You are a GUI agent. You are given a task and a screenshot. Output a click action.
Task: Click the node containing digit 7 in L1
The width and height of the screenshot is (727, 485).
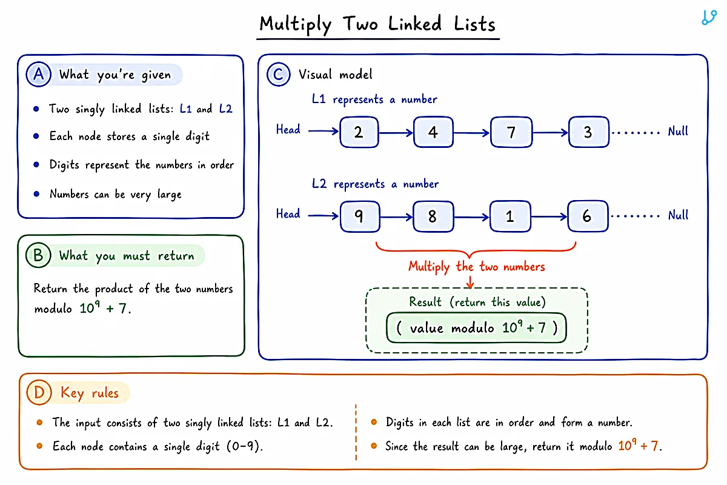pos(511,132)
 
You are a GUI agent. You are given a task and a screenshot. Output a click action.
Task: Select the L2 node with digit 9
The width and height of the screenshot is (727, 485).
pos(360,216)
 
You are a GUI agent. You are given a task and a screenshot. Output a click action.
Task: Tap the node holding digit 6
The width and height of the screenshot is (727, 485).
pos(588,216)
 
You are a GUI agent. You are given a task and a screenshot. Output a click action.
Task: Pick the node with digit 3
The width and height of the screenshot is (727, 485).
pos(589,132)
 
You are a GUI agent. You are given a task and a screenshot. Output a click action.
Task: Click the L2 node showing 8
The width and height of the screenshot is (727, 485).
pos(433,216)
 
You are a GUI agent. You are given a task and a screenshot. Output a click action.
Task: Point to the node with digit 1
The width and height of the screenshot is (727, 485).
pos(510,216)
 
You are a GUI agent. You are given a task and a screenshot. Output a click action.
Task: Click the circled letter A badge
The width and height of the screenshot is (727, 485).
pos(39,74)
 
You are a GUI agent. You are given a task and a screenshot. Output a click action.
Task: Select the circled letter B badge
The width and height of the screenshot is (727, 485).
pos(38,255)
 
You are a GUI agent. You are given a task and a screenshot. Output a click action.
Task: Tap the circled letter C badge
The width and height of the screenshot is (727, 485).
pos(279,75)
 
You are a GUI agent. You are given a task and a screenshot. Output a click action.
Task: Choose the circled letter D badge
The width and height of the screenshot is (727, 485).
pos(39,392)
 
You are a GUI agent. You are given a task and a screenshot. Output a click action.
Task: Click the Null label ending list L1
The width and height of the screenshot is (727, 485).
pos(678,131)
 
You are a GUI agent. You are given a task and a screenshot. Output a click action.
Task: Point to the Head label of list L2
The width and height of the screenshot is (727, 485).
pos(288,214)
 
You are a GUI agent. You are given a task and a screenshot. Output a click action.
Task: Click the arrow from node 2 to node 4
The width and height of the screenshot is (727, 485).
pos(396,133)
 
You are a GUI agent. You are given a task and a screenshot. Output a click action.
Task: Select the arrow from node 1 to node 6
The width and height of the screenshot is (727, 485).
pos(549,216)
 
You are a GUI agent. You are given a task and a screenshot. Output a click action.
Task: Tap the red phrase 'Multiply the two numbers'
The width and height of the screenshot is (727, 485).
pos(476,267)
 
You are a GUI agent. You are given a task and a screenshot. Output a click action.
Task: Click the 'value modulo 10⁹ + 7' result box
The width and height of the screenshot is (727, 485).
pos(476,328)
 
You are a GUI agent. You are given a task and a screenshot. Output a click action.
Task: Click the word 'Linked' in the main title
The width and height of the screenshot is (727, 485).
pos(415,24)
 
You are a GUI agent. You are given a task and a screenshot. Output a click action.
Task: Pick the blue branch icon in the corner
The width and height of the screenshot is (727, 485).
pos(709,18)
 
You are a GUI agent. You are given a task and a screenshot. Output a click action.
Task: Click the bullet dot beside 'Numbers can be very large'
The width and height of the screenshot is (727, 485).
pos(36,194)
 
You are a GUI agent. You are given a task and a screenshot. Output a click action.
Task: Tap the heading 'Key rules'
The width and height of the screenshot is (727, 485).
pos(90,393)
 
